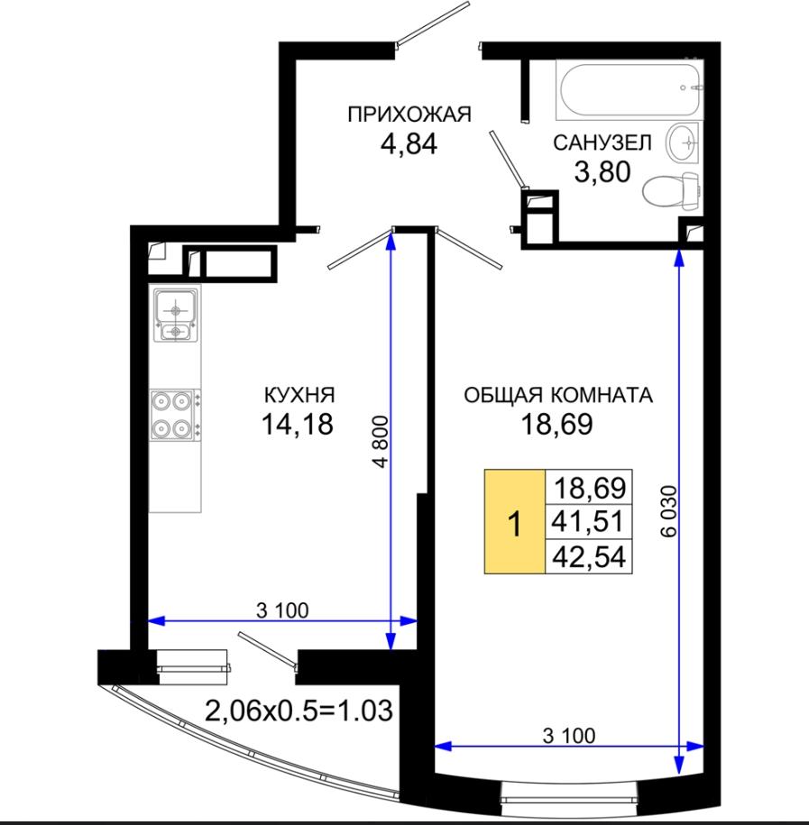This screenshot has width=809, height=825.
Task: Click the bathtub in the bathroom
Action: point(630,89)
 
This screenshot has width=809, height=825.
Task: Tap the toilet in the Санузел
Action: point(671,189)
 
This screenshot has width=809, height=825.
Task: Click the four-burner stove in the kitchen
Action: point(176,415)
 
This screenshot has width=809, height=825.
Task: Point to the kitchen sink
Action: point(175,314)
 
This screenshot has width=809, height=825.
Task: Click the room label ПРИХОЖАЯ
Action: point(409,115)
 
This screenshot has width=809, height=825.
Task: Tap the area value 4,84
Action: point(409,143)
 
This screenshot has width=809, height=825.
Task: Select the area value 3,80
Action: point(602,171)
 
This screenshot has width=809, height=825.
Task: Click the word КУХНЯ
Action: point(299,394)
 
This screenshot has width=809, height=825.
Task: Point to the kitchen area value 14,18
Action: point(298,424)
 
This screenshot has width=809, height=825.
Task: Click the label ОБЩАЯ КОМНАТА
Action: point(558,395)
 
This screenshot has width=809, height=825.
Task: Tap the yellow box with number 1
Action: point(515,521)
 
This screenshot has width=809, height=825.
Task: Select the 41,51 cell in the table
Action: point(588,522)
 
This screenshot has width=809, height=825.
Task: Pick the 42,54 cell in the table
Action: point(588,556)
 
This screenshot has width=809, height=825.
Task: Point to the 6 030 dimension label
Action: point(669,511)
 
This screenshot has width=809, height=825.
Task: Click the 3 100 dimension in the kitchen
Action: point(282,610)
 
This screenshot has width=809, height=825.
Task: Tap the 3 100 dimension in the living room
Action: point(569,736)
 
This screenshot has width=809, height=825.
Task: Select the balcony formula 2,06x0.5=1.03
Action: point(299,711)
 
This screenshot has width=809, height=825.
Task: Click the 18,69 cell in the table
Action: point(588,488)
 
